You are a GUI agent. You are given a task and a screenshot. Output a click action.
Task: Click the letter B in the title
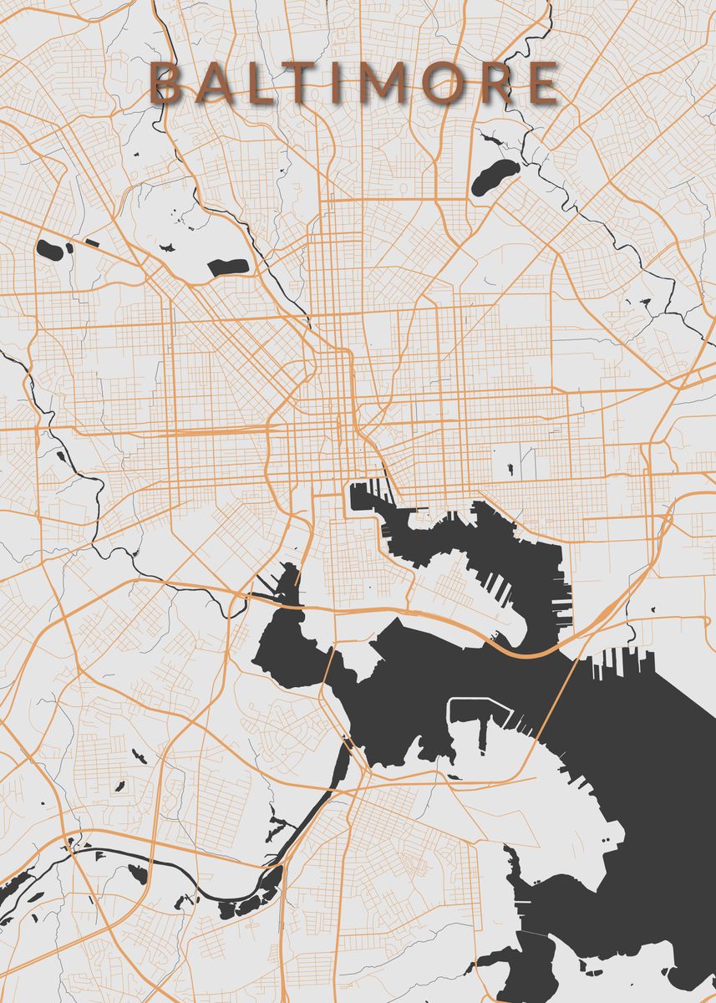[165, 84]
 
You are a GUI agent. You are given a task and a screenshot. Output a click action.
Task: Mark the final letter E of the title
[542, 84]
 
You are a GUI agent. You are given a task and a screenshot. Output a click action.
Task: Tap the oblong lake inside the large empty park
[228, 267]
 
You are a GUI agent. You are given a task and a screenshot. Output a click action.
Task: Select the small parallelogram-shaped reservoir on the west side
[92, 243]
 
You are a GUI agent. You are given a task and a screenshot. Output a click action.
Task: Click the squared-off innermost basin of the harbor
[363, 498]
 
